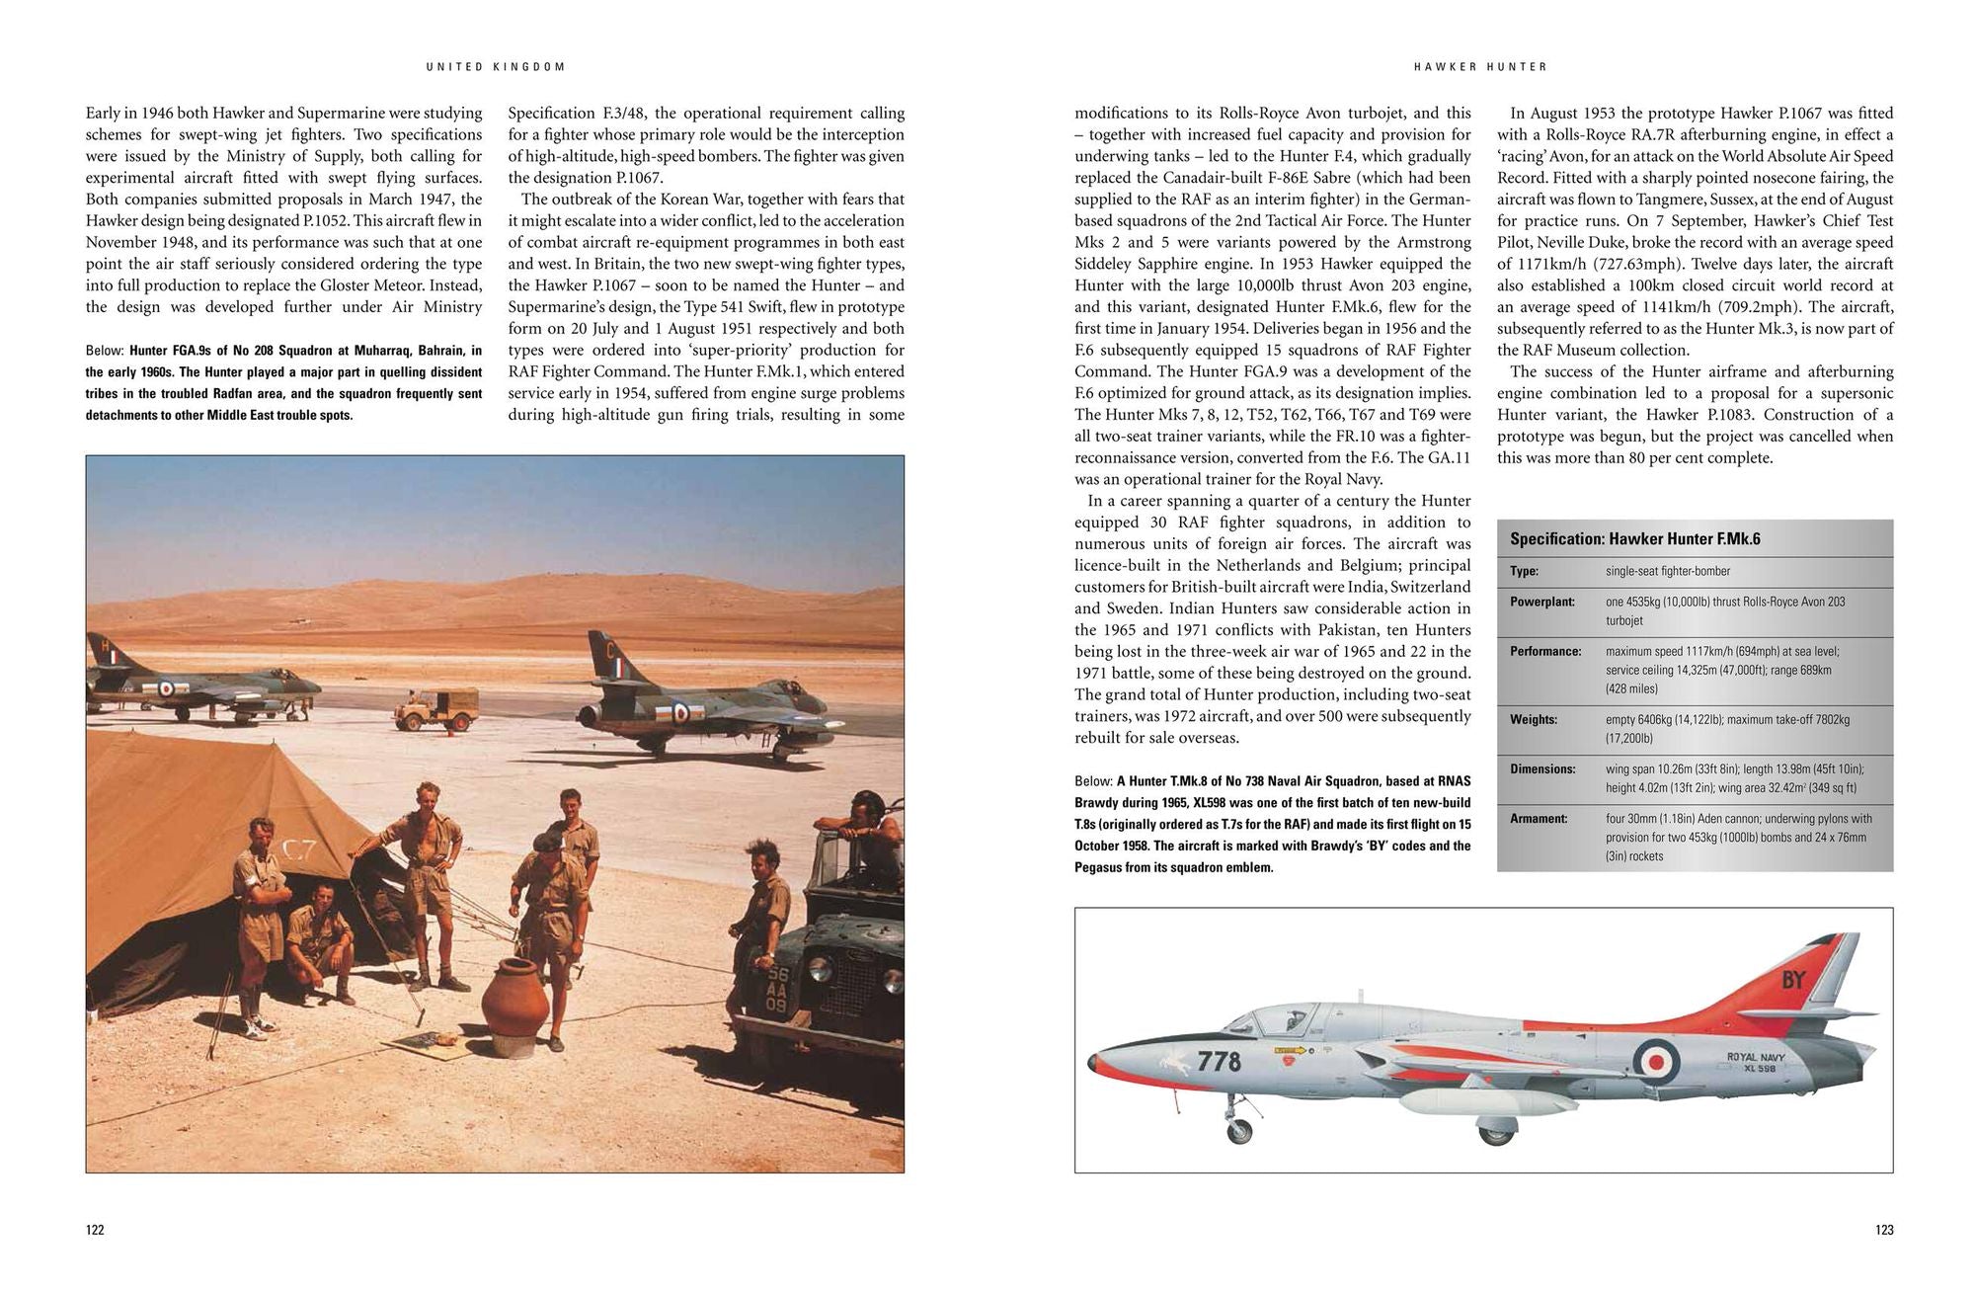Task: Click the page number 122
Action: pos(95,1230)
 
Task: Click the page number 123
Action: pos(1884,1230)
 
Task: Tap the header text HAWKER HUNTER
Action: pos(1480,67)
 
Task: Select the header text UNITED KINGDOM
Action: pos(496,67)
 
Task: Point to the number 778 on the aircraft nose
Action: pos(1219,1061)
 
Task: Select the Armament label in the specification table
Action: pos(1539,819)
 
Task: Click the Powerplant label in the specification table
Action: pos(1541,602)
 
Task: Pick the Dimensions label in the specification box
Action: pos(1542,768)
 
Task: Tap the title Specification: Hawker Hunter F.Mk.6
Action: pos(1634,539)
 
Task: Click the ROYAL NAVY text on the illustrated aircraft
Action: pos(1756,1057)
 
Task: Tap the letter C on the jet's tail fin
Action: pos(609,651)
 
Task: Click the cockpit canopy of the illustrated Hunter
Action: pos(1284,1020)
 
